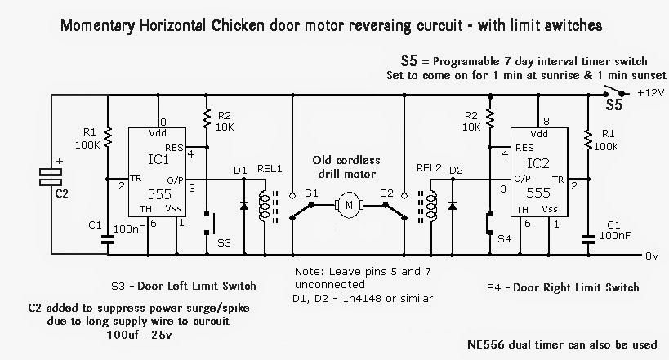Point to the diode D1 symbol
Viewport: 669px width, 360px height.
pos(243,202)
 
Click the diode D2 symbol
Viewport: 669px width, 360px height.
pos(453,202)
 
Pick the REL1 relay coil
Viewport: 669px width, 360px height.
pos(263,207)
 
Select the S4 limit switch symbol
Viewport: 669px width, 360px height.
pos(488,222)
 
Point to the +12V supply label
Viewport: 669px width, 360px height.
pos(651,92)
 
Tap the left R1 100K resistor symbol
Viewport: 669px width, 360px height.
pos(107,136)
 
